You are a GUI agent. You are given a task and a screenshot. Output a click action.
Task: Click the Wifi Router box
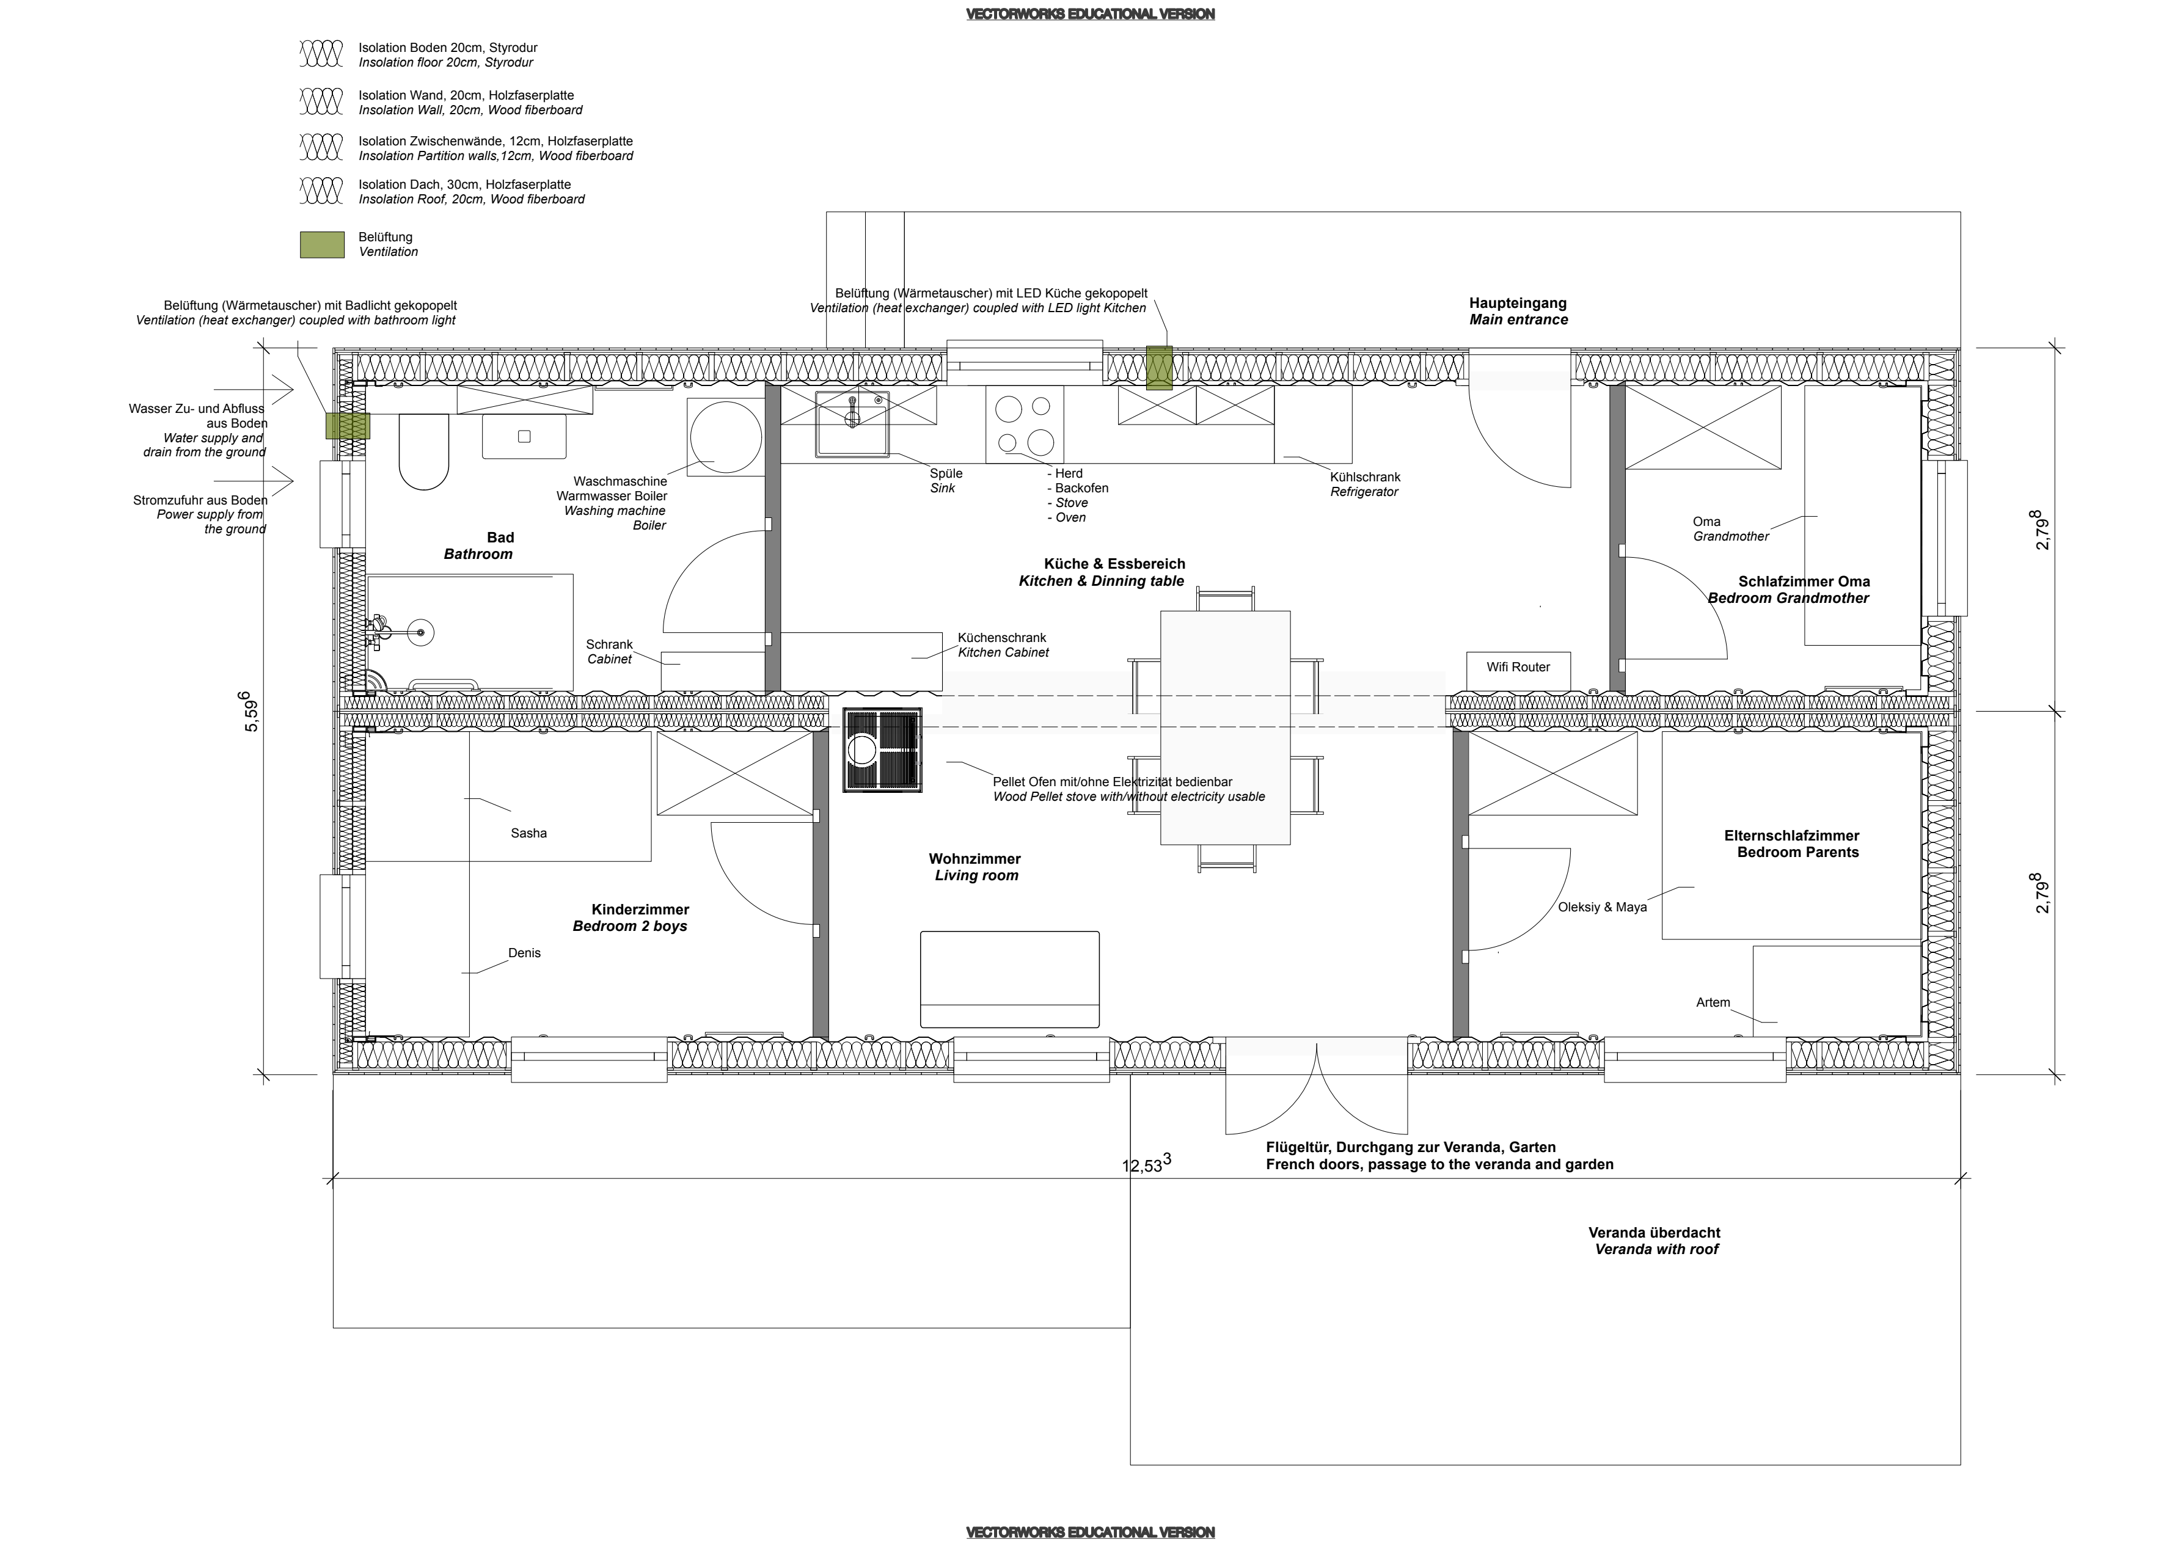1518,671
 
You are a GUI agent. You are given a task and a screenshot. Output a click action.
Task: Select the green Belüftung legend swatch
323,244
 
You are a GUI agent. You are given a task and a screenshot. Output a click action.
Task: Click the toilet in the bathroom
424,451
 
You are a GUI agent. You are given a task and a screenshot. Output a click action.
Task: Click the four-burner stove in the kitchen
1024,424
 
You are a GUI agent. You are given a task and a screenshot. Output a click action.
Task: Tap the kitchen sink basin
853,423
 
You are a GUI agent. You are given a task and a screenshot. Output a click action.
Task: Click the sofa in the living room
1010,979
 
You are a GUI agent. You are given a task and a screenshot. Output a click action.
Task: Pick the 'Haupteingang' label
1518,303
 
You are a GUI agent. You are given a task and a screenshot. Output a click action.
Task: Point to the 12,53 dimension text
1147,1164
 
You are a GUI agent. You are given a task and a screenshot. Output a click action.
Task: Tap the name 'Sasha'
528,833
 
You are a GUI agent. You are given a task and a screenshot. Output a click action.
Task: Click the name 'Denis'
524,952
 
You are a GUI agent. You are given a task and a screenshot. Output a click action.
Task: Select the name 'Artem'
1713,1002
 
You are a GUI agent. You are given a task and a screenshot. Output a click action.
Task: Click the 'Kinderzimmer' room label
640,910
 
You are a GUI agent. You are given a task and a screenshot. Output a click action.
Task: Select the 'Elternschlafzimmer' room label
1791,836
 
